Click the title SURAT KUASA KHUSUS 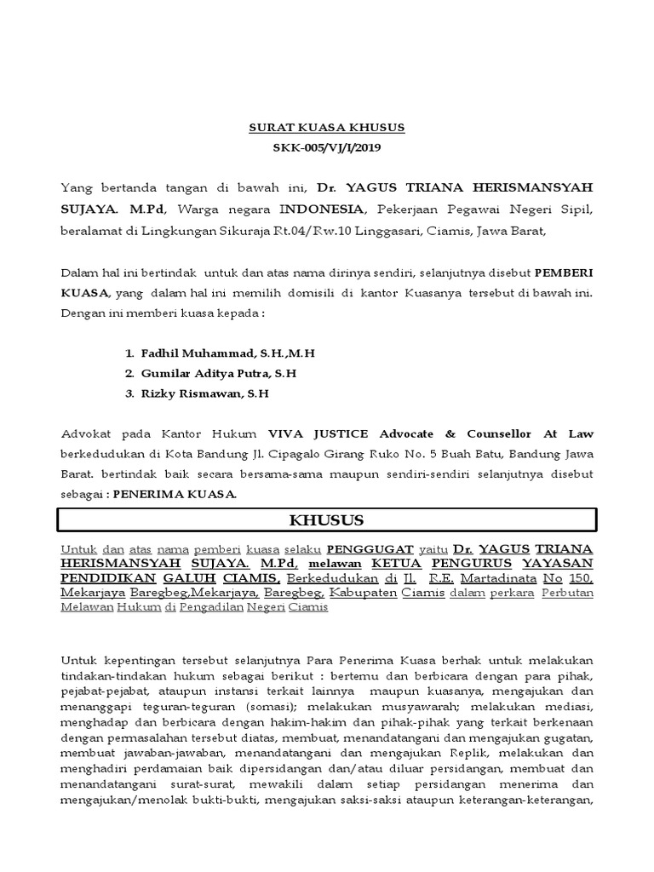pos(327,128)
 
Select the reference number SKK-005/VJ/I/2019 pos(327,147)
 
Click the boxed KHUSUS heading pos(327,519)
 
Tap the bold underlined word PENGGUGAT pos(370,549)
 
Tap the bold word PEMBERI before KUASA pos(564,272)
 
